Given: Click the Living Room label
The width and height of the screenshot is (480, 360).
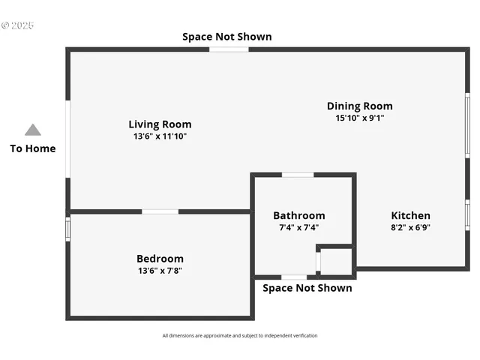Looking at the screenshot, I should point(160,124).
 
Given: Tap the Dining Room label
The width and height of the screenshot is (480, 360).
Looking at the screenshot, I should point(359,106).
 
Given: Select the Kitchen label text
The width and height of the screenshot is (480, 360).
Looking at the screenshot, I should point(409,215).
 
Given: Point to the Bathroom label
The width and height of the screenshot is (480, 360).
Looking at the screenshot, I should point(298,215).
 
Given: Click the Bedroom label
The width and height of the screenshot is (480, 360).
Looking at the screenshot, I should point(160,259).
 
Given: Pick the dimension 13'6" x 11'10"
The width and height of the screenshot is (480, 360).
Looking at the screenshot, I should point(160,136).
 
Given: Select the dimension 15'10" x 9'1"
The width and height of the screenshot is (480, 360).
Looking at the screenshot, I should point(359,118).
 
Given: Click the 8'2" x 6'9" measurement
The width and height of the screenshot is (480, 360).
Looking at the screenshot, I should point(409,227).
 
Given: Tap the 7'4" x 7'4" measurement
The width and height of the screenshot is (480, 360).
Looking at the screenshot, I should point(298,227).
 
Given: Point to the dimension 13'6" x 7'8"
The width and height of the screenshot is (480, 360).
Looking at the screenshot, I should point(160,271).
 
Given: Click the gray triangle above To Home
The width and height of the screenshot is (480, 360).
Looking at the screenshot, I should point(33,130).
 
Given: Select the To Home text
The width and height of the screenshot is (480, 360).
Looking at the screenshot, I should point(33,148).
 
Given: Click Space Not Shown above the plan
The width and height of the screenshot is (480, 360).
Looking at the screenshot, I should point(227,37).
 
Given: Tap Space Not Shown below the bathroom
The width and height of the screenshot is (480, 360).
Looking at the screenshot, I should point(307,288).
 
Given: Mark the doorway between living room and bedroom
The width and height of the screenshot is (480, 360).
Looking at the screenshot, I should point(160,211).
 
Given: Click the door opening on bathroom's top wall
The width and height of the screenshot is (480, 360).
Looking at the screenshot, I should point(298,175).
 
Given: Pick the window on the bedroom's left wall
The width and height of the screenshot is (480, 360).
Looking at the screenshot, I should point(68,229).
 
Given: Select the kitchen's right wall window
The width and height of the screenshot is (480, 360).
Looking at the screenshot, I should point(466,214).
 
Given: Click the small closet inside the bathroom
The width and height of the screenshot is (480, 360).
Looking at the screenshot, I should point(336,262).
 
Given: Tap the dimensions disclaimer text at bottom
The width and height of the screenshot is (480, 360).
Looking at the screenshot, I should point(240,335).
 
